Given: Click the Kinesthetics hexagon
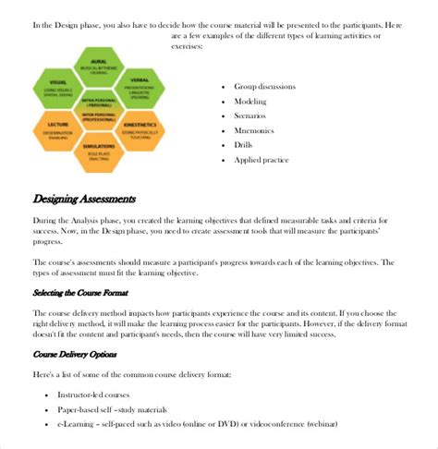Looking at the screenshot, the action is click(140, 128).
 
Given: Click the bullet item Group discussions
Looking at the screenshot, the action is click(269, 85).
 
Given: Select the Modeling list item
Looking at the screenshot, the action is click(251, 101).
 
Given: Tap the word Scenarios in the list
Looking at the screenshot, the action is click(252, 115).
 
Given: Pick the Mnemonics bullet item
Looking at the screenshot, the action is click(256, 130).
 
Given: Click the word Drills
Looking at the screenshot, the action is click(246, 145).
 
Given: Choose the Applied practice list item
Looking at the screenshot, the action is click(262, 160).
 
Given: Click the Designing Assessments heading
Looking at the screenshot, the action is click(84, 198).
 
